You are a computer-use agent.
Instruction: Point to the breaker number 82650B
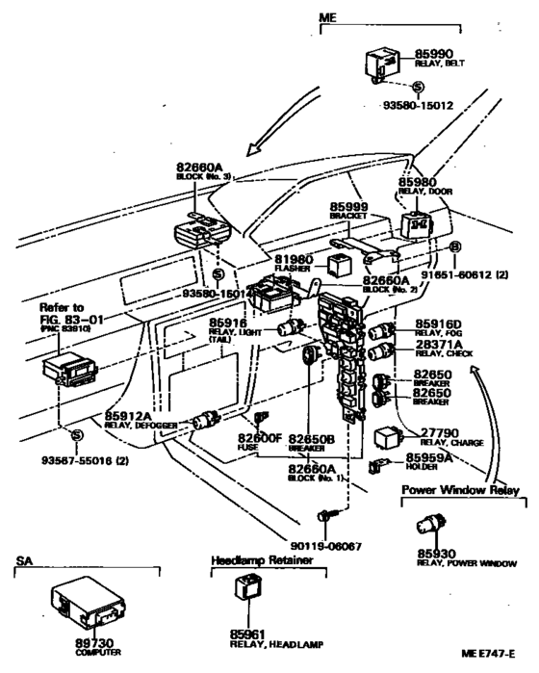click(x=311, y=439)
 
